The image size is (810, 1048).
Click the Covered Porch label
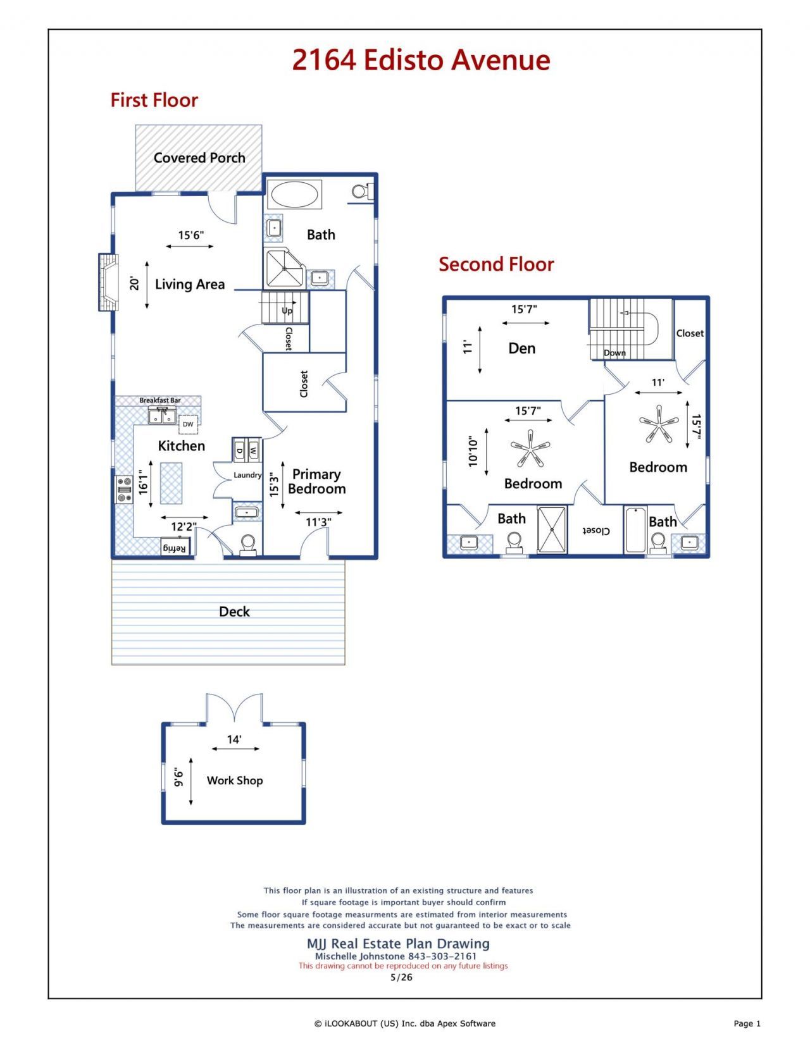[x=199, y=157]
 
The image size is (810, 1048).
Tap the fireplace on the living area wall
[x=108, y=282]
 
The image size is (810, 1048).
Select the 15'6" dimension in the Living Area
[x=191, y=235]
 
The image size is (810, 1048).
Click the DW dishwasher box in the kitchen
[x=188, y=424]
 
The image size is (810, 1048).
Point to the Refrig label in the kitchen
[x=175, y=548]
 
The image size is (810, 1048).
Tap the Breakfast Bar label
[x=160, y=400]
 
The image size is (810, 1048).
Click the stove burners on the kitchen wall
[x=124, y=490]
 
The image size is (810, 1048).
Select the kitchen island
[x=171, y=483]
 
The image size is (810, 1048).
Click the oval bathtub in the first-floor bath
[x=294, y=195]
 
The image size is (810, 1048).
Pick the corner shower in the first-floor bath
[x=283, y=268]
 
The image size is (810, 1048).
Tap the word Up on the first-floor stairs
[x=287, y=311]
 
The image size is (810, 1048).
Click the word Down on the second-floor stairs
[x=614, y=353]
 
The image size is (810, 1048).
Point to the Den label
[x=522, y=348]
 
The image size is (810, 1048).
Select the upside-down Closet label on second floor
[x=596, y=531]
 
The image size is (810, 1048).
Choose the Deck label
[x=235, y=612]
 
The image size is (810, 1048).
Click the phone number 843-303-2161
[x=442, y=956]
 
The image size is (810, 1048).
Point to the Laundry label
[x=247, y=475]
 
